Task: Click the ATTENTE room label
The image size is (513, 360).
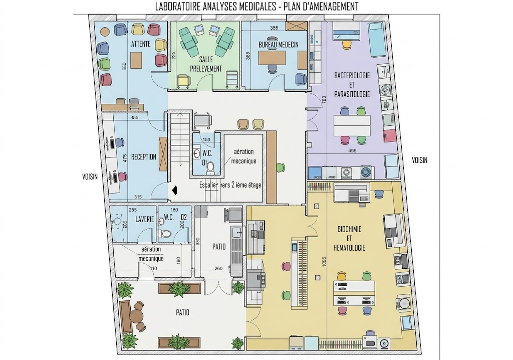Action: point(141,44)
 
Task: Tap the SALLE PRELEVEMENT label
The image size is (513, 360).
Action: point(206,64)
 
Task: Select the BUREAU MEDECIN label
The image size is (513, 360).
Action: point(279,45)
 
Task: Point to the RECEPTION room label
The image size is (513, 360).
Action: point(144,157)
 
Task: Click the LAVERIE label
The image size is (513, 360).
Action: point(145,219)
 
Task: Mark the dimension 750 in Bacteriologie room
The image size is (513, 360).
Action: point(324,100)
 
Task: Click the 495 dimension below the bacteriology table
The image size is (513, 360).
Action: point(352,151)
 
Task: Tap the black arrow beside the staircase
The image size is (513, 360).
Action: point(174,190)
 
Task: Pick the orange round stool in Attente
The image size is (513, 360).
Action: point(105,32)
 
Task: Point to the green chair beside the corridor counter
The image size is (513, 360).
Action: point(281,167)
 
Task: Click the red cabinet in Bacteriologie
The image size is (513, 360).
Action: point(389,136)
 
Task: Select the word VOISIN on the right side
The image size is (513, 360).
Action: point(419,160)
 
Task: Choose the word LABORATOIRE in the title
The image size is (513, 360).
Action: point(177,7)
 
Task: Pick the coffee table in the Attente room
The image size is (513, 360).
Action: point(136,60)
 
